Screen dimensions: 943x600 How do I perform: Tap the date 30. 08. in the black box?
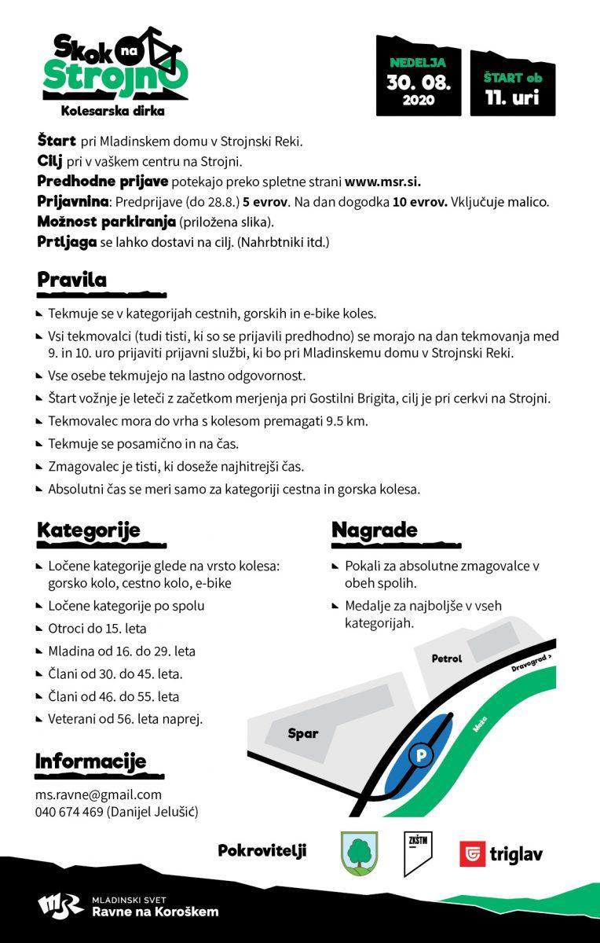tap(418, 81)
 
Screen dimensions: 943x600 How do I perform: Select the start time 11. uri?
tap(513, 98)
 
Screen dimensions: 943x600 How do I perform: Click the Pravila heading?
tap(71, 280)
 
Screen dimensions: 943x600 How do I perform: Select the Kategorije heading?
tap(88, 530)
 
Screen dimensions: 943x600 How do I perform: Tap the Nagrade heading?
tap(374, 530)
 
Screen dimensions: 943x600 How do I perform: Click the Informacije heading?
tap(90, 761)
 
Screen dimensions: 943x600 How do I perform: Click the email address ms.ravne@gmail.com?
tap(98, 794)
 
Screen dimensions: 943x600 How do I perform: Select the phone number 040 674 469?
tap(69, 812)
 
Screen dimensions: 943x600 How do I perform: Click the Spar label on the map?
tap(303, 734)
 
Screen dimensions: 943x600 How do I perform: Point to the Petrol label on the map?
tap(447, 659)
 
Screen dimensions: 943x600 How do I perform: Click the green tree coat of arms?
tap(358, 852)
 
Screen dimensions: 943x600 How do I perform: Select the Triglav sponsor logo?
tap(501, 853)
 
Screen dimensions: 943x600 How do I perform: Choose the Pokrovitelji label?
tap(262, 850)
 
